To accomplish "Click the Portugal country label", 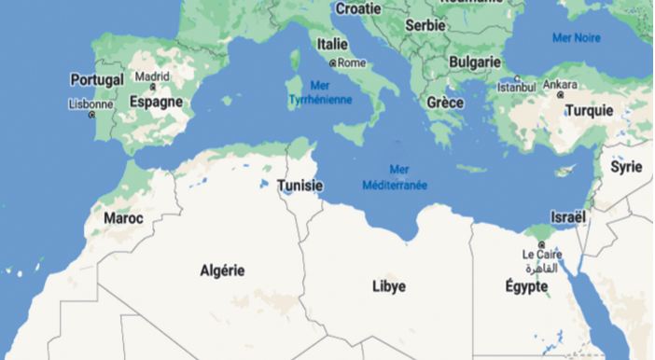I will (96, 80).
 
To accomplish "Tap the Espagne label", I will (156, 102).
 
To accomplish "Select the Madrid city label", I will (152, 76).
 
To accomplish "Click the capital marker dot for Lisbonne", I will (91, 116).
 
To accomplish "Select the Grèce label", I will (445, 102).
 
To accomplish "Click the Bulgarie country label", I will (475, 62).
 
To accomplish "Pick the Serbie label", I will (425, 25).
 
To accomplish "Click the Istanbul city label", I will (517, 87).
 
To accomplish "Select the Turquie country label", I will (589, 110).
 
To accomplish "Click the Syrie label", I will (625, 167).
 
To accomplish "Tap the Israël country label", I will (568, 216).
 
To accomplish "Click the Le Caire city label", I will (541, 254).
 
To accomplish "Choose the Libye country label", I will (388, 286).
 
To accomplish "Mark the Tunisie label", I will (300, 187).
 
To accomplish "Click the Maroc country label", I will (123, 218).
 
